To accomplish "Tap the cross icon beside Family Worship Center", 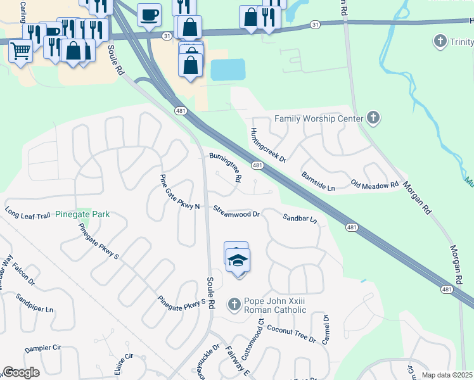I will (373, 118).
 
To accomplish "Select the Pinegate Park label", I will (82, 214).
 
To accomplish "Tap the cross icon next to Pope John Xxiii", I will (234, 305).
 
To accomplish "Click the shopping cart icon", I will (20, 50).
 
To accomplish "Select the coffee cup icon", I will (149, 14).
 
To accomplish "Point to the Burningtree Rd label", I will (226, 167).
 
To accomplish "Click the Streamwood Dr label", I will (236, 212).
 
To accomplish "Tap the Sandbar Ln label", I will (299, 218).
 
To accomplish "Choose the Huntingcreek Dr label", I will (267, 145).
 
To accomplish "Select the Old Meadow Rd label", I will (375, 186).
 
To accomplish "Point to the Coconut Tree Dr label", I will (291, 334).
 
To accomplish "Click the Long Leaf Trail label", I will (27, 215).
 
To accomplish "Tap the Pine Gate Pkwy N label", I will (179, 193).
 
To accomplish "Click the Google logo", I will (21, 372).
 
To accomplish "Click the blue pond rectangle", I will (227, 70).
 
